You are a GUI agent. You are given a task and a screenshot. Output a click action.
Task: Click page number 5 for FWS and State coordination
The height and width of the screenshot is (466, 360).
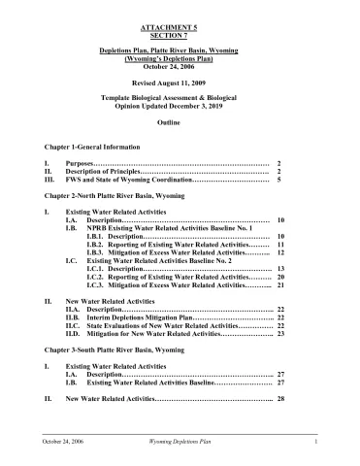click(x=279, y=180)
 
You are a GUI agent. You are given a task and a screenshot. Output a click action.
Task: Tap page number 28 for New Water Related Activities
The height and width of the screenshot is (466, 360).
click(x=279, y=399)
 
